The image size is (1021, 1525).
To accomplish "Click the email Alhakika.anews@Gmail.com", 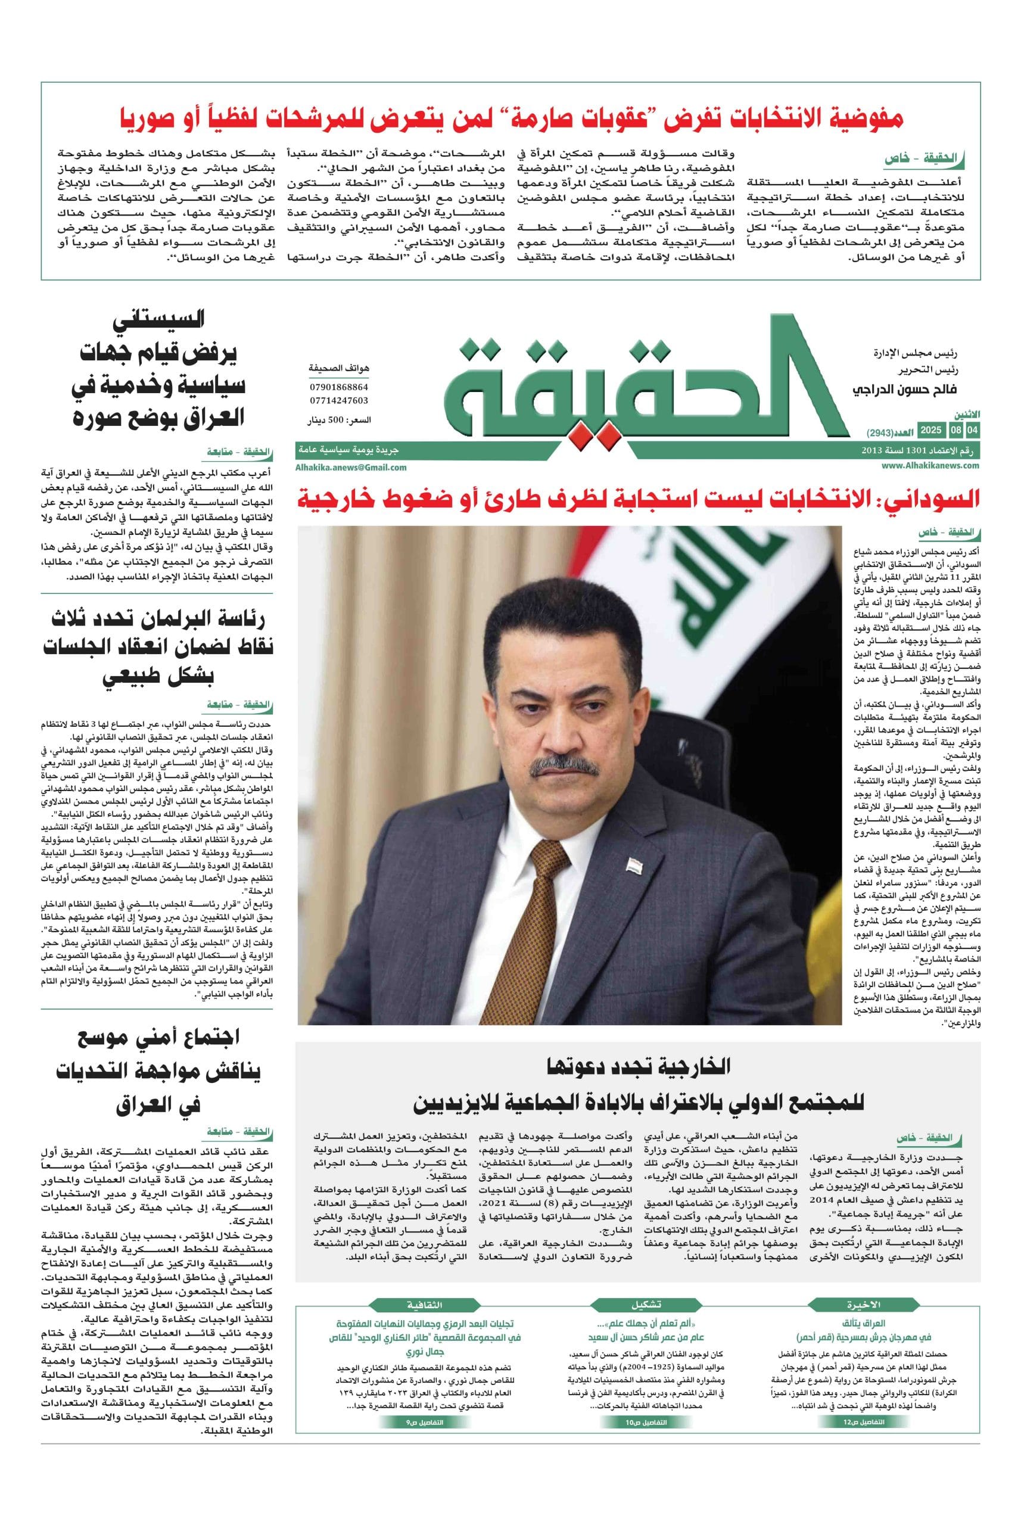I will point(351,467).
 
